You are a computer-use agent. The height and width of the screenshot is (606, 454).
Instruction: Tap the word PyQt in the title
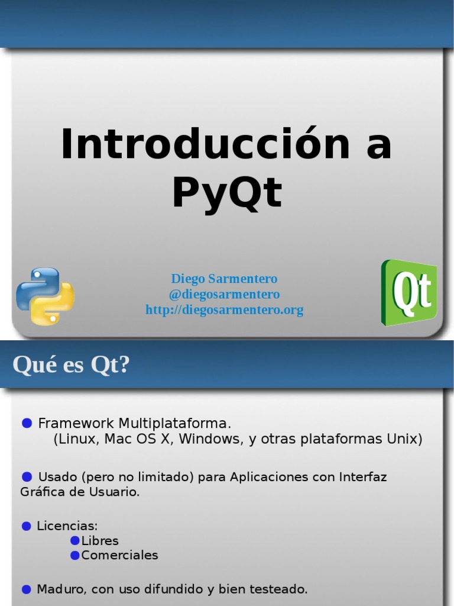tap(227, 193)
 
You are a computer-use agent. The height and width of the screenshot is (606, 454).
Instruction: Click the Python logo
tap(45, 296)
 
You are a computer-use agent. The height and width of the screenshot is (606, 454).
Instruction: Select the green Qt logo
tap(409, 292)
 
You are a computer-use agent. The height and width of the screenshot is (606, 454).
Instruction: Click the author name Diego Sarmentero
tap(224, 279)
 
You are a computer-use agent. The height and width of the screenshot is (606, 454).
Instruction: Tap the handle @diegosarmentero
tap(224, 294)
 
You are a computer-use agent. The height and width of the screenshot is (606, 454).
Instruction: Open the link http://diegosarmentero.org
tap(224, 310)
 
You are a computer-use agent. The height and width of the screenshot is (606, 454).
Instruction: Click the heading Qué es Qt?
tap(71, 365)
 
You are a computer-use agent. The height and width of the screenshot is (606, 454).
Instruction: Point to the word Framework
tap(76, 424)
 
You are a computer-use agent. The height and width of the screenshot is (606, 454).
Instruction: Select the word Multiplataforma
tap(174, 424)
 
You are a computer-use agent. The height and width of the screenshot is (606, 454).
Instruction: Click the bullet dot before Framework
tap(27, 423)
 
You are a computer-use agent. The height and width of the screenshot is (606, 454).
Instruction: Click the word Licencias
tap(67, 526)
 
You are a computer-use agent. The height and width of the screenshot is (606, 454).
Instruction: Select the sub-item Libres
tap(100, 541)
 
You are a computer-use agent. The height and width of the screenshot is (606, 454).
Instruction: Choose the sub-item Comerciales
tap(119, 556)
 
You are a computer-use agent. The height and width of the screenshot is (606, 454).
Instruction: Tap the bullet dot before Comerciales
tap(75, 555)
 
